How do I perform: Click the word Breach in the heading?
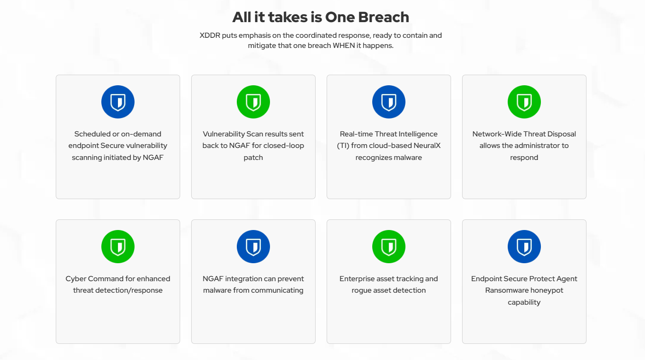coord(383,17)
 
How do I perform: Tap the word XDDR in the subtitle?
coord(210,35)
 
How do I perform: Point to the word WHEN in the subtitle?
coord(344,46)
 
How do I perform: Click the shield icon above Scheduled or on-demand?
coord(118,102)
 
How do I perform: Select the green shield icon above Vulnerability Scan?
coord(253,102)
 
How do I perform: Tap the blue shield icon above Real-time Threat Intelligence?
coord(389,102)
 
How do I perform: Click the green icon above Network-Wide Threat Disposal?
coord(524,102)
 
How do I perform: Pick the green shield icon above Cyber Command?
coord(118,247)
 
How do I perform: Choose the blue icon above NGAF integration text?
coord(253,247)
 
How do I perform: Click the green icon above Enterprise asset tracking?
coord(389,247)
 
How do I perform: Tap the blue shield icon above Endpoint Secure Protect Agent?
coord(524,247)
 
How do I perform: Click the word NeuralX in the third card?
coord(427,146)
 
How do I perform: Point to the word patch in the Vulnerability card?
coord(253,158)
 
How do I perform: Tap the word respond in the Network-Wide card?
coord(524,158)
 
